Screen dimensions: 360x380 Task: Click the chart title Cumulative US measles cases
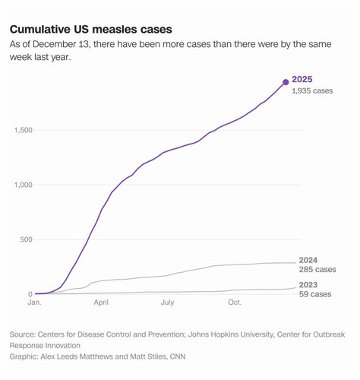(x=91, y=30)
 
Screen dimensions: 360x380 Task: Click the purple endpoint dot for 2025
(x=286, y=82)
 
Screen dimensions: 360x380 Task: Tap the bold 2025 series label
(x=302, y=79)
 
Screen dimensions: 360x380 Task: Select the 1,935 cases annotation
(x=312, y=90)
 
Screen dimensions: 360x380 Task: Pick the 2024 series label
(x=308, y=260)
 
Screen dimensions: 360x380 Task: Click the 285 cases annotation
(x=317, y=269)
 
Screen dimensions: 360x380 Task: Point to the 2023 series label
(x=308, y=285)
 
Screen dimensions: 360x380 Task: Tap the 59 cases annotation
(x=315, y=294)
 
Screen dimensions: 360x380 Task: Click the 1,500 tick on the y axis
(x=24, y=130)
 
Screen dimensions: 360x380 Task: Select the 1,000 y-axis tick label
(x=24, y=185)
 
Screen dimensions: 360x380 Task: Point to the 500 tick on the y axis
(x=27, y=239)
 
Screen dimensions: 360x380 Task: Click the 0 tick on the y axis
(x=30, y=294)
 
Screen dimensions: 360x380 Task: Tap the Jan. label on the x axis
(x=34, y=302)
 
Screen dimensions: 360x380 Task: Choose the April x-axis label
(x=101, y=302)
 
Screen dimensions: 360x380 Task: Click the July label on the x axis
(x=168, y=302)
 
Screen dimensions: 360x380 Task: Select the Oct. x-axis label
(x=235, y=302)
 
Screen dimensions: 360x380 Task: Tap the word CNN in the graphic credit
(x=178, y=356)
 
